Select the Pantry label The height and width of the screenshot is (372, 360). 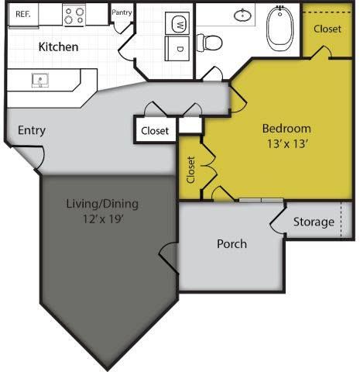(x=122, y=12)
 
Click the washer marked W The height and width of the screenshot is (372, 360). (x=179, y=23)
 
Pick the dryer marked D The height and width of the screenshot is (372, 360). (x=179, y=48)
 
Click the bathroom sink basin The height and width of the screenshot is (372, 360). (x=244, y=15)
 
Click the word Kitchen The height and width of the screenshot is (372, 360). (x=58, y=46)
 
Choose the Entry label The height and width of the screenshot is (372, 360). (x=31, y=130)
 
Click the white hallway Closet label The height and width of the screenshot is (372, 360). (x=155, y=131)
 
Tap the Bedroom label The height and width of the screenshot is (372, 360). (x=286, y=129)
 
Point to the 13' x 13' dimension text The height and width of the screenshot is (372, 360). (x=286, y=143)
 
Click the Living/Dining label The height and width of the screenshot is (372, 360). (x=101, y=205)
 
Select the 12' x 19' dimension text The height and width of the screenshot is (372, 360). (x=101, y=219)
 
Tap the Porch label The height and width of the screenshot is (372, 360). (x=231, y=243)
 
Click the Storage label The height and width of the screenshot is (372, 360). (x=314, y=222)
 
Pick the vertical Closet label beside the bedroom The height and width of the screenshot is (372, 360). (x=190, y=170)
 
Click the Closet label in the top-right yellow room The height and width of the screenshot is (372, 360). (x=327, y=29)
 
